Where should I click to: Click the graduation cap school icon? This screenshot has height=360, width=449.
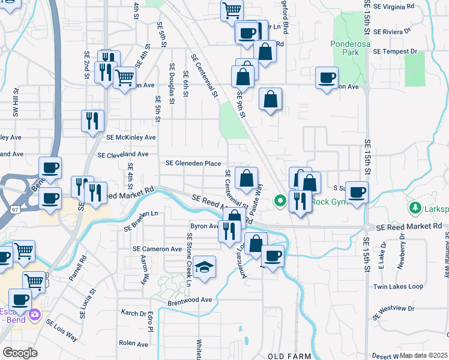coord(205,266)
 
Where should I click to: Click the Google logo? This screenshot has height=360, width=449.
coord(20,353)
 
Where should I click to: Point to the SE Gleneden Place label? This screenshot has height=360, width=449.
coord(193,163)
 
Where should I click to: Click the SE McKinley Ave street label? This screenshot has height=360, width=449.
coord(131,137)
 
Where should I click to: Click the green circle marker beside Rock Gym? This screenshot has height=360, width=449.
coord(279,201)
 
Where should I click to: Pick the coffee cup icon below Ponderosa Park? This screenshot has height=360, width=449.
coord(327,78)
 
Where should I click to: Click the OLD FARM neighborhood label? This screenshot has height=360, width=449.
coord(289,356)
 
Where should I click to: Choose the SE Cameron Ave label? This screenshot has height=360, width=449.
coord(157,249)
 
